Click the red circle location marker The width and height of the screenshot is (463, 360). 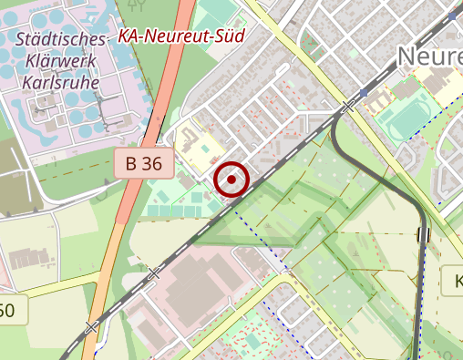coord(232,180)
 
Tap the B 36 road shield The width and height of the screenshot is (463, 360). coord(144,164)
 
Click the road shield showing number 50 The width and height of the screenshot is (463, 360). coord(7,311)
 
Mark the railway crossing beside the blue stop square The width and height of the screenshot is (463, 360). coord(348,107)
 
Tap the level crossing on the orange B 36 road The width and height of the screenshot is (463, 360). coord(92,325)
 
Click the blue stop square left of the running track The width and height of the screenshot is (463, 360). coord(364,94)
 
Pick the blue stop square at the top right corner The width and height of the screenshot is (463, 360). coord(455,15)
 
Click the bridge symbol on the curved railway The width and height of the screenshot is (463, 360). coord(423,235)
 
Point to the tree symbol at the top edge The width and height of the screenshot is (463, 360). coord(139,5)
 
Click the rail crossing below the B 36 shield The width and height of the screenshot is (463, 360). coord(153,273)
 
